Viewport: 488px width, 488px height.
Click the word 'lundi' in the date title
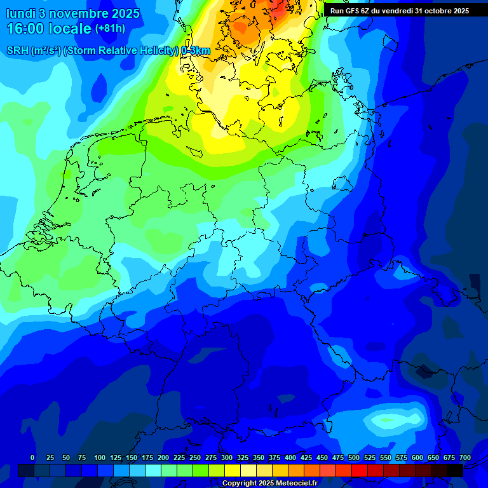coord(20,13)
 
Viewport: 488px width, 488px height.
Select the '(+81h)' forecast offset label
coord(110,29)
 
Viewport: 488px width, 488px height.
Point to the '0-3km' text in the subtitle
coord(195,50)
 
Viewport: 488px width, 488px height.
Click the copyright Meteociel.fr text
coord(269,483)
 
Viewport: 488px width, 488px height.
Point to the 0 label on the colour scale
coord(32,457)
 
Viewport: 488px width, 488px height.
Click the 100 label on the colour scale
coord(100,457)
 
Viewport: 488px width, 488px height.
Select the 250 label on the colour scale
coord(195,457)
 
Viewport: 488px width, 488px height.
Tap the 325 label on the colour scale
coord(243,457)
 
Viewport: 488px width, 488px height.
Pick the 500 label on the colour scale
coord(354,457)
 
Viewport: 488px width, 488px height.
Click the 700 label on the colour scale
coord(465,457)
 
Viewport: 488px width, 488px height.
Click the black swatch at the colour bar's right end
coord(455,470)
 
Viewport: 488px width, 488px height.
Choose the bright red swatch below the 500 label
coord(360,470)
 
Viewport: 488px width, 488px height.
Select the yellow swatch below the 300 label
coord(233,470)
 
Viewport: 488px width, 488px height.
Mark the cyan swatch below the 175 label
coord(153,470)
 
